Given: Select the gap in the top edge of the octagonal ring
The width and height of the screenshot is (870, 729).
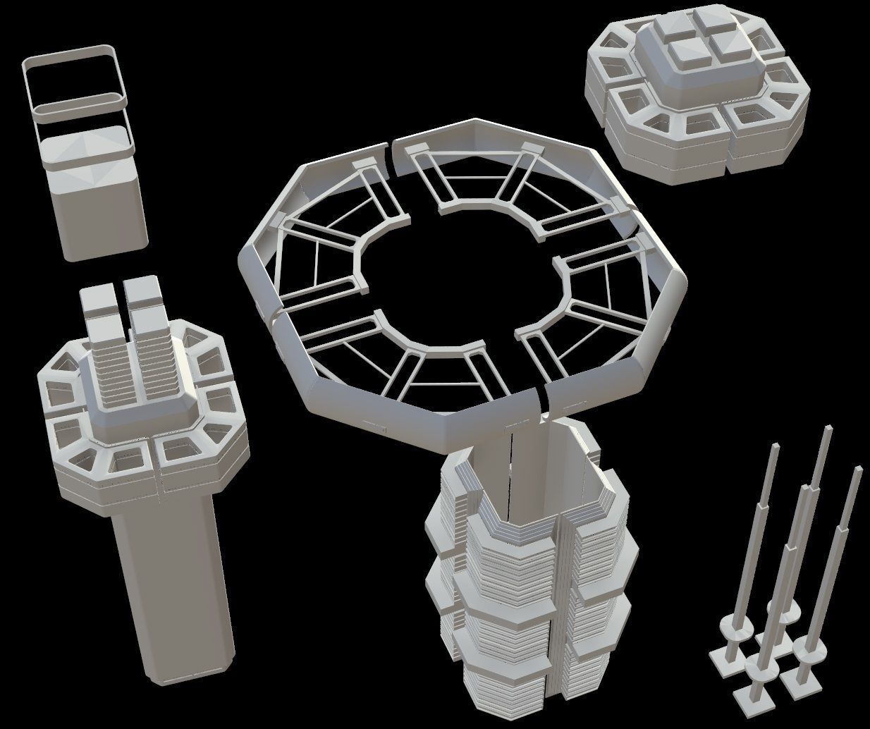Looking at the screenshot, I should [391, 152].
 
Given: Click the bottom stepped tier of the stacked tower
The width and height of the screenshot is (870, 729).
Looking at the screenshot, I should [504, 694].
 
